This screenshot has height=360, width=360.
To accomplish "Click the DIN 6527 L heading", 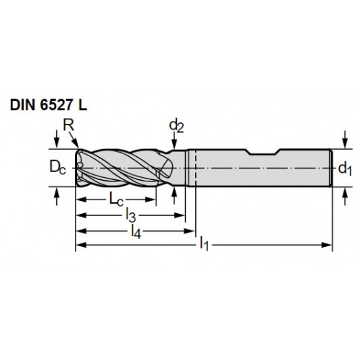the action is click(48, 105).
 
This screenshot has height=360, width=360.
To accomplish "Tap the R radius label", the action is click(68, 125).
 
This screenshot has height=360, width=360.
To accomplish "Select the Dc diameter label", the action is click(58, 167).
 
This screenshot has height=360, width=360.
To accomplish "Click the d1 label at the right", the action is click(345, 168).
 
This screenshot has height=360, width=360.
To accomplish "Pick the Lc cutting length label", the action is click(117, 199).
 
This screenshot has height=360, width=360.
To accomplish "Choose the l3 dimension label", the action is click(131, 215).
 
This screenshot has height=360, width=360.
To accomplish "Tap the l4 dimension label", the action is click(136, 231).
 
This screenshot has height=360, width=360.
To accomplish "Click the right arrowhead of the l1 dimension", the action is click(328, 245).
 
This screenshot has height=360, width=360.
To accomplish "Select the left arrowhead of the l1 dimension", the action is click(81, 245).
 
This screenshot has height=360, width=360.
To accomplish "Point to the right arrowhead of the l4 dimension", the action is click(189, 231).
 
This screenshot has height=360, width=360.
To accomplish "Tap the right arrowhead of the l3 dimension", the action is click(179, 215).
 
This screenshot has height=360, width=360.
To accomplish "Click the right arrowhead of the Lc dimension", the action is click(150, 199).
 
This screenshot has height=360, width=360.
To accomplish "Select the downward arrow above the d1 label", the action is click(345, 140).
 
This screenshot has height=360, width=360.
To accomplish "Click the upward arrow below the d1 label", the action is click(345, 196).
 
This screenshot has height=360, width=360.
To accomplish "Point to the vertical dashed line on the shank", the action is click(196, 167).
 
